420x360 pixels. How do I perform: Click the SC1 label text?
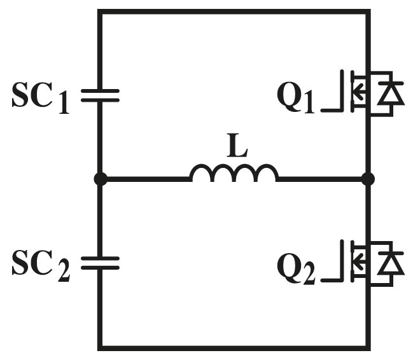tap(41, 98)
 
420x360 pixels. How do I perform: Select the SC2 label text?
tap(41, 265)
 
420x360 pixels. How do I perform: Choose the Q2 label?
tap(297, 269)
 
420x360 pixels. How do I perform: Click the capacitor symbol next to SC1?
tap(100, 95)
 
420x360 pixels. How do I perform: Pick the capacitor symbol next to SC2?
tap(100, 263)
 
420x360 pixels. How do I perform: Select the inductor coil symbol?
tap(234, 173)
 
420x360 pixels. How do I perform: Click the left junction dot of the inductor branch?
tap(101, 179)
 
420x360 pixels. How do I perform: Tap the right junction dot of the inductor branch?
tap(368, 179)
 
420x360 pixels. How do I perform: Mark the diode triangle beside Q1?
tap(391, 93)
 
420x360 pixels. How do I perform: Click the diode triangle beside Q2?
tap(391, 264)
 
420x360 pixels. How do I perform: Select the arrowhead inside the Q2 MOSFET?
tap(359, 261)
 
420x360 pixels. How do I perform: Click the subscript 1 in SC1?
tap(64, 104)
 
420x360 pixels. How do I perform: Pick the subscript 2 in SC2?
tap(64, 271)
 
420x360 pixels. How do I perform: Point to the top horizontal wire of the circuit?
tap(234, 11)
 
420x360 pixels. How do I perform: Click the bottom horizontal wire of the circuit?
tap(234, 348)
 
